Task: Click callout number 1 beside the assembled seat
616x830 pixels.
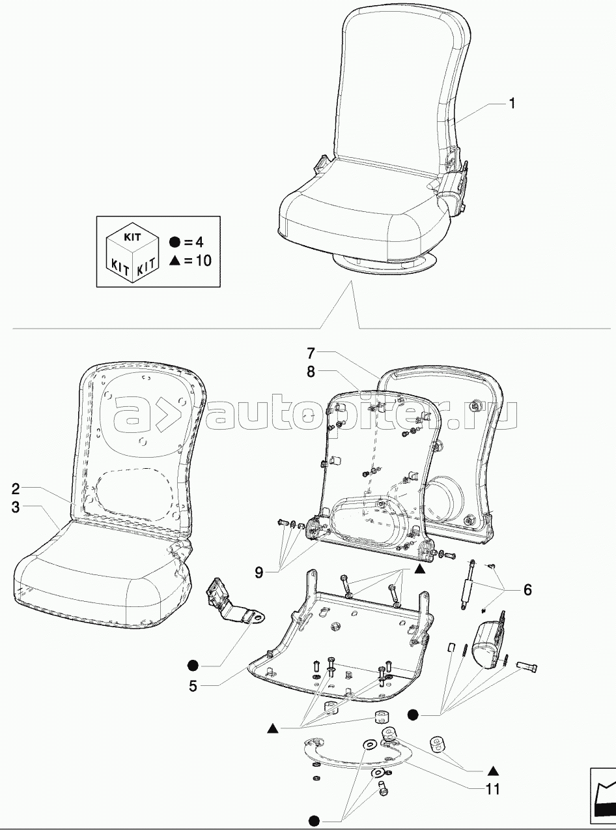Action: coord(512,104)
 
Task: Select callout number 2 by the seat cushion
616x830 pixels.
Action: coord(16,488)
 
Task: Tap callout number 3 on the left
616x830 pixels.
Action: coord(16,507)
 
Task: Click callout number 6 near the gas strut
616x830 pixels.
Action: coord(527,590)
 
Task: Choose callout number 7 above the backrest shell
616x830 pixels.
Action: coord(311,354)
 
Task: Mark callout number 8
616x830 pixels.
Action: coord(311,372)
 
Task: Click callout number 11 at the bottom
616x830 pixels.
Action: coord(493,790)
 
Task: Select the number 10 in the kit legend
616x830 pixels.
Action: coord(203,261)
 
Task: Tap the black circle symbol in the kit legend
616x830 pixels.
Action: coord(174,243)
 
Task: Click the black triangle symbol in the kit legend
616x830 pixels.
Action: coord(174,260)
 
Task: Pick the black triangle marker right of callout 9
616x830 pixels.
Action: coord(420,569)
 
